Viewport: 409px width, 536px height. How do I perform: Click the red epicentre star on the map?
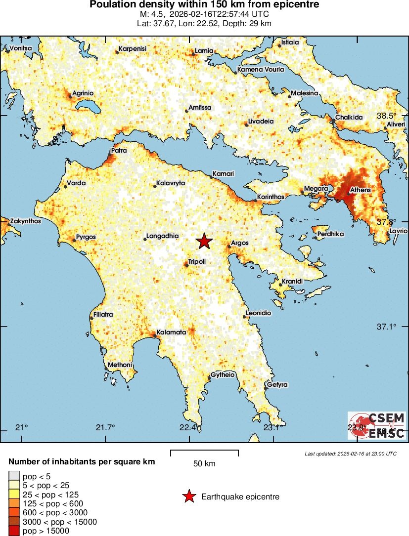click(204, 241)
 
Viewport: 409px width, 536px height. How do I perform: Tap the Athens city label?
click(360, 190)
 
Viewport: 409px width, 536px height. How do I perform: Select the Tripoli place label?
click(197, 261)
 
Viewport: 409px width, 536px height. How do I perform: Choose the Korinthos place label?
click(271, 197)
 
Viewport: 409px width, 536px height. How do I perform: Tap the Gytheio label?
click(223, 375)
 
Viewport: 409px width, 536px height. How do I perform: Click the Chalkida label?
click(349, 118)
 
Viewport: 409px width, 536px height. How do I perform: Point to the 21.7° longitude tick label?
click(105, 427)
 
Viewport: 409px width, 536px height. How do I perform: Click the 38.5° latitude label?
click(387, 116)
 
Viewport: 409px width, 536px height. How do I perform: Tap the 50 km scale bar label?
click(204, 463)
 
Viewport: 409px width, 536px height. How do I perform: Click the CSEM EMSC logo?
click(376, 425)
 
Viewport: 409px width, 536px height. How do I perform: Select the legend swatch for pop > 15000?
click(14, 531)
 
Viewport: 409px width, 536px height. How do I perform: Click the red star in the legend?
click(188, 496)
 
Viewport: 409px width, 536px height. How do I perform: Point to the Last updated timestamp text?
click(350, 454)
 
